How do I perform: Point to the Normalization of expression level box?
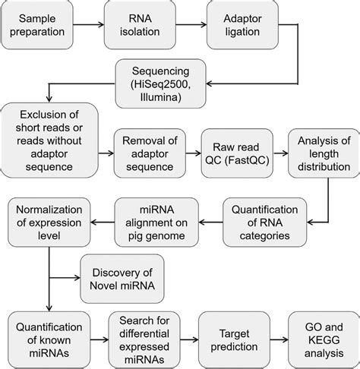coord(49,220)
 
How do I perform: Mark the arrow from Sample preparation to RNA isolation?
coord(97,26)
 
